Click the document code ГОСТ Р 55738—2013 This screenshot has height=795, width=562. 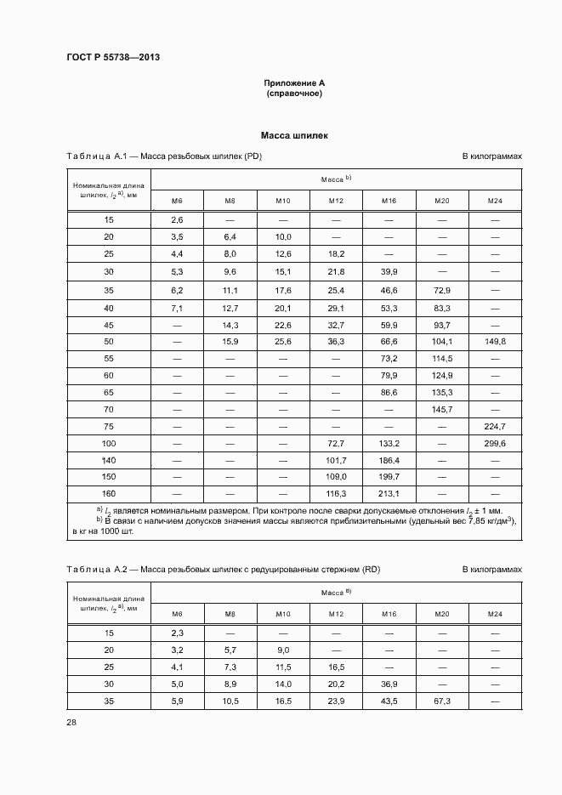pos(112,57)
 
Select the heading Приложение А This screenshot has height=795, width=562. pos(294,82)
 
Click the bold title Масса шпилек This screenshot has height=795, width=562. pos(294,135)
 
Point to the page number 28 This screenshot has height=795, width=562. pos(71,722)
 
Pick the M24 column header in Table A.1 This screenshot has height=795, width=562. pos(495,201)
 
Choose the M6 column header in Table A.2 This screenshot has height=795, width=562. pos(177,613)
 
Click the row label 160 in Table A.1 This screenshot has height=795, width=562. pos(109,493)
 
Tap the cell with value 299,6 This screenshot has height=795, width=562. pos(495,444)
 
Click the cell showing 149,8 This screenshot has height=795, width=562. pos(495,340)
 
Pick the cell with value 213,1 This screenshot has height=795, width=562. pos(389,493)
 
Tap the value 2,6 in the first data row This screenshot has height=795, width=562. pos(177,219)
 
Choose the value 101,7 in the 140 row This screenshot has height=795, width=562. pos(336,460)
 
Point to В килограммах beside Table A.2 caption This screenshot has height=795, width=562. pos(491,569)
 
